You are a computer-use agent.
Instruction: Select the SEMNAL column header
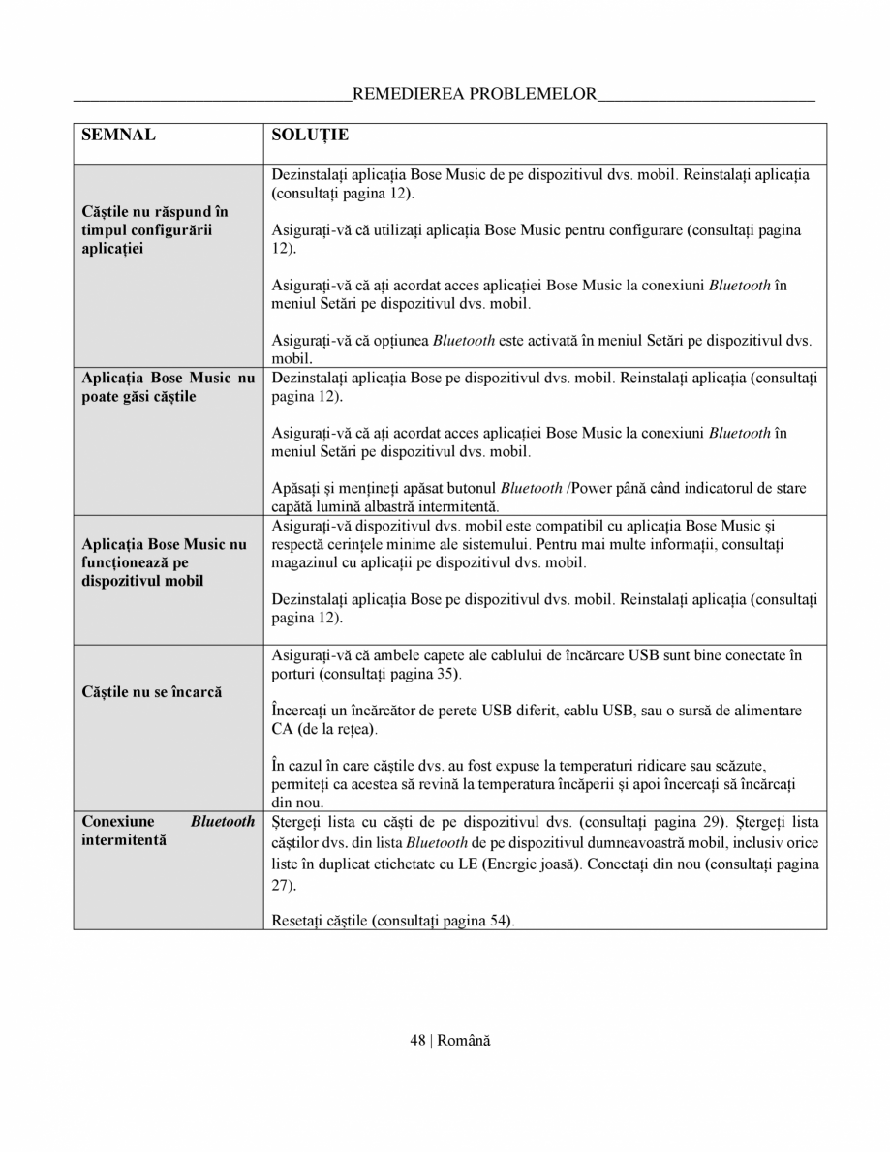pyautogui.click(x=119, y=135)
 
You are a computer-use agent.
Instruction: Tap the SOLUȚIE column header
pyautogui.click(x=310, y=135)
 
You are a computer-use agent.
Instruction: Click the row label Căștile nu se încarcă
pyautogui.click(x=152, y=692)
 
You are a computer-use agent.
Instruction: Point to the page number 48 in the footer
pyautogui.click(x=417, y=1040)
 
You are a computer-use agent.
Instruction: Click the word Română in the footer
pyautogui.click(x=464, y=1040)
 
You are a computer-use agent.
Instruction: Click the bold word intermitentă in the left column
pyautogui.click(x=124, y=839)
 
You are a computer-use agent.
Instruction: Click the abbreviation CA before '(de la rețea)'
pyautogui.click(x=283, y=728)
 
